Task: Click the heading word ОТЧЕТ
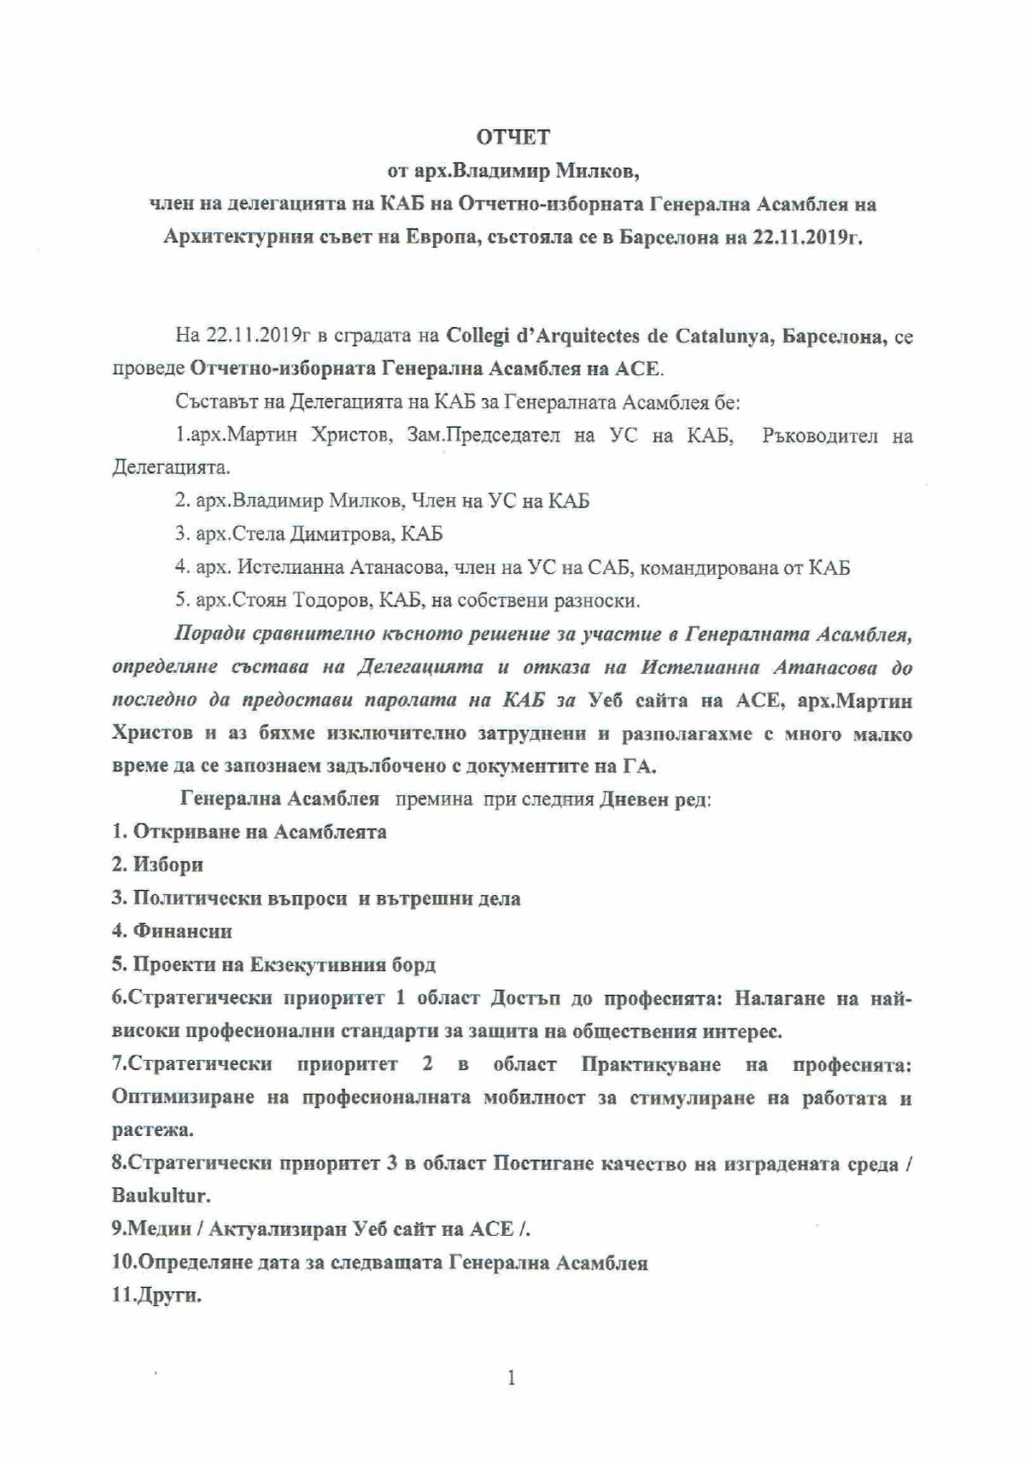tap(512, 137)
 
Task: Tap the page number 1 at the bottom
tap(511, 1378)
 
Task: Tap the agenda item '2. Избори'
tap(157, 864)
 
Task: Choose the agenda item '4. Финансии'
tap(172, 931)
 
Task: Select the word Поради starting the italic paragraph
tap(206, 634)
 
